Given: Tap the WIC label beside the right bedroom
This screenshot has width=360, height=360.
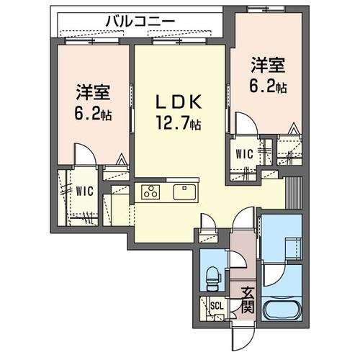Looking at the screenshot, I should (x=243, y=153).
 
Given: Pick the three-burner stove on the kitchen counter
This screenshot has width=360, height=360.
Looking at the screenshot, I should (x=152, y=192).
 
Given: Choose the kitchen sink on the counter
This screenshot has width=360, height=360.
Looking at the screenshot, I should (x=184, y=192).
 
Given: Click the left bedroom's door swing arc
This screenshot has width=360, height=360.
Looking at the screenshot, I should (x=85, y=154).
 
